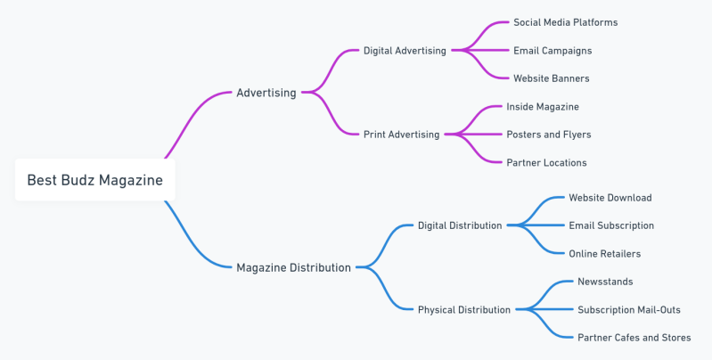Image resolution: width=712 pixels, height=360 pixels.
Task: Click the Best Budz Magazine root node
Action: coord(94,180)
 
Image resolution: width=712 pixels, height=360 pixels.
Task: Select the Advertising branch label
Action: coord(266,93)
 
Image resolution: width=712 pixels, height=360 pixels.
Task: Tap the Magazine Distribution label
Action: coord(293,267)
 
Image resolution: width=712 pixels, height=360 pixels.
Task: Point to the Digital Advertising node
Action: coord(405,51)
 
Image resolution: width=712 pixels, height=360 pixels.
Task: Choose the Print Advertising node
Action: coord(401,135)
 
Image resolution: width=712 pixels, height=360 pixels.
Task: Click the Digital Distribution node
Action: coord(460,225)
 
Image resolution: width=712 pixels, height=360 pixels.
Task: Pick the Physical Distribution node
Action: coord(463,310)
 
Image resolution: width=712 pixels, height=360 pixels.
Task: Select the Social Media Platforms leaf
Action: coord(565,22)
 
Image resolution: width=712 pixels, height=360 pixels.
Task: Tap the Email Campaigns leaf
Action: coord(552,51)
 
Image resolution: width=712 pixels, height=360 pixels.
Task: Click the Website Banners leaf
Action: coord(551,78)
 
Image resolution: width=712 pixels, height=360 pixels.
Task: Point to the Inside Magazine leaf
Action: coord(543,107)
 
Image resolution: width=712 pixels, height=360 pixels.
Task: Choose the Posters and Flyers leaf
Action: coord(548,135)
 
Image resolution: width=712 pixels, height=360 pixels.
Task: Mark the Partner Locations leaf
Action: coord(546,163)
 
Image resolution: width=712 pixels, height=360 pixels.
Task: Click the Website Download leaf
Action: coord(610,198)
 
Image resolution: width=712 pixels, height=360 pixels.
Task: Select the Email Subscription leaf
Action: coord(611,225)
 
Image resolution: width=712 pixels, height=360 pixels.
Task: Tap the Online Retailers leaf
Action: coord(604,254)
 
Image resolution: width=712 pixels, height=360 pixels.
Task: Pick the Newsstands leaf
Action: coord(605,282)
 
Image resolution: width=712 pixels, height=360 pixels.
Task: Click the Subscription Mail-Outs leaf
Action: coord(628,310)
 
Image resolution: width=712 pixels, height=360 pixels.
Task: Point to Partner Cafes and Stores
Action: coord(634,338)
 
